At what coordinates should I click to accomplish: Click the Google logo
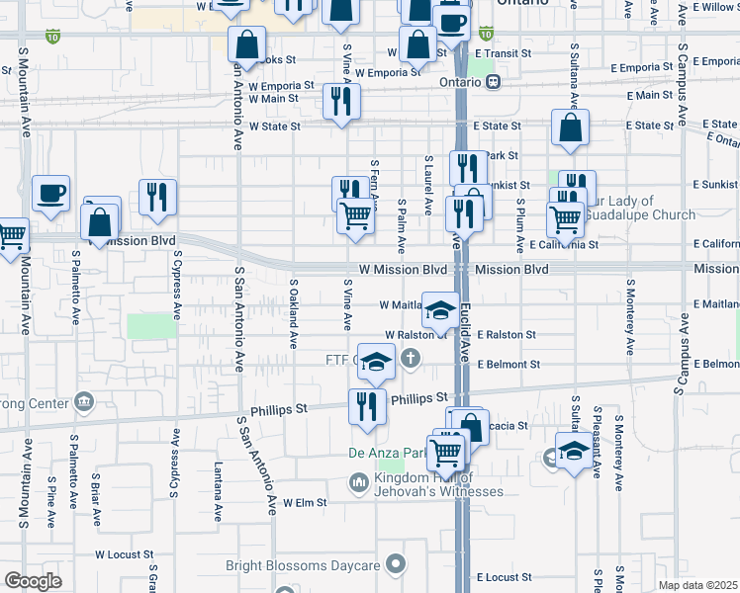click(x=33, y=580)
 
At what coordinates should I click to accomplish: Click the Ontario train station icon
click(x=492, y=83)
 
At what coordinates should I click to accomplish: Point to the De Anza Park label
click(x=386, y=454)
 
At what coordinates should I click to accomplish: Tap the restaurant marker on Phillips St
click(x=367, y=407)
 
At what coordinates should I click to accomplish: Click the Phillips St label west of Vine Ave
click(x=277, y=407)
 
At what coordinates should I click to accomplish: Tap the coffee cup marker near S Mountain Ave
click(x=50, y=195)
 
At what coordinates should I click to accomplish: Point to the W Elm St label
click(x=304, y=503)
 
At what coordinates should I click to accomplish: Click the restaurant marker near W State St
click(x=341, y=103)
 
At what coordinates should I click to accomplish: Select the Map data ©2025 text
click(x=696, y=585)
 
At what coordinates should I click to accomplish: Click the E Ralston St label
click(x=506, y=335)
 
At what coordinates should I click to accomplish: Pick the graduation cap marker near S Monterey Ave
click(x=574, y=452)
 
